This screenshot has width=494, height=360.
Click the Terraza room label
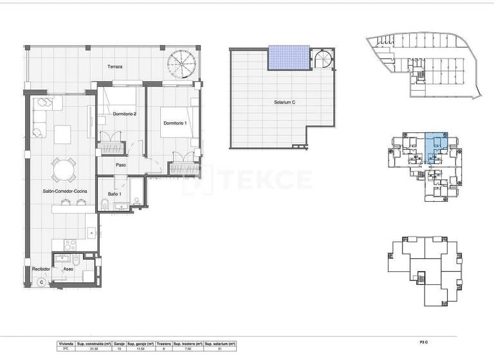(x=116, y=67)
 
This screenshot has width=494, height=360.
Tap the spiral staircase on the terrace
(x=180, y=66)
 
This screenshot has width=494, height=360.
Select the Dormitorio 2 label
(x=124, y=114)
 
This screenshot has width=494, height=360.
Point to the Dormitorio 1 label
(x=175, y=123)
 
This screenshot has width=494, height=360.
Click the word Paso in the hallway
(x=120, y=165)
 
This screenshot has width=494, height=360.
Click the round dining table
(x=62, y=171)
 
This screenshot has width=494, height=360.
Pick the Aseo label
(x=68, y=269)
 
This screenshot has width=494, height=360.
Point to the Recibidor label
(x=42, y=269)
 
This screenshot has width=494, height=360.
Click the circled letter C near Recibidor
(x=41, y=282)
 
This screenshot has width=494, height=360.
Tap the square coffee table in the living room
(x=63, y=134)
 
